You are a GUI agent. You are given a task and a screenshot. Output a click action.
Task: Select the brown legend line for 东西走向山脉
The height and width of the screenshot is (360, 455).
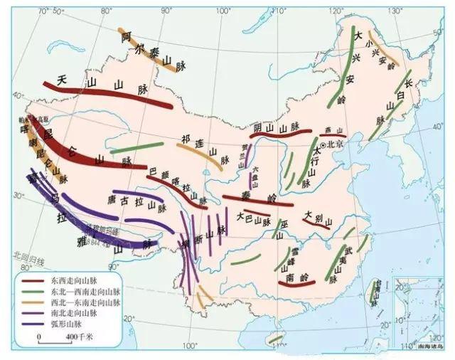pyautogui.click(x=30, y=282)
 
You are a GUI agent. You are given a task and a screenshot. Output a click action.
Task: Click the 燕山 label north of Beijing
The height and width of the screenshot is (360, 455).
pyautogui.click(x=328, y=130)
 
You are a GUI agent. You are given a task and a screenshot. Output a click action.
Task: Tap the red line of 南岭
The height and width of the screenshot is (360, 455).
pyautogui.click(x=296, y=285)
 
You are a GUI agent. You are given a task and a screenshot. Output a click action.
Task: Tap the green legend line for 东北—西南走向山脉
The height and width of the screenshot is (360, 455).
pyautogui.click(x=30, y=292)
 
